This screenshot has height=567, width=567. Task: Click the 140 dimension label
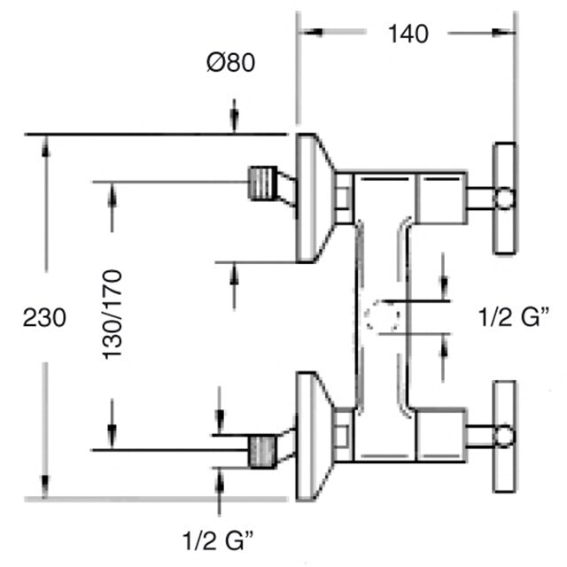408,35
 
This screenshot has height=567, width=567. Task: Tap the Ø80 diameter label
231,62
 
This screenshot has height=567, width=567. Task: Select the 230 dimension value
44,317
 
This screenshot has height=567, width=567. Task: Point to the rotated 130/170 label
113,315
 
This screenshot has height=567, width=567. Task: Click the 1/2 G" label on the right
514,317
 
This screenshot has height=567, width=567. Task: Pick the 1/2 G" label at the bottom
218,540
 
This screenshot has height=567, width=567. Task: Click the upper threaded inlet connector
263,183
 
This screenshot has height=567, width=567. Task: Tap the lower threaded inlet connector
263,452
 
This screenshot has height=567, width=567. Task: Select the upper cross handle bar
505,198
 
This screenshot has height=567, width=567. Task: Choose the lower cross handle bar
505,437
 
